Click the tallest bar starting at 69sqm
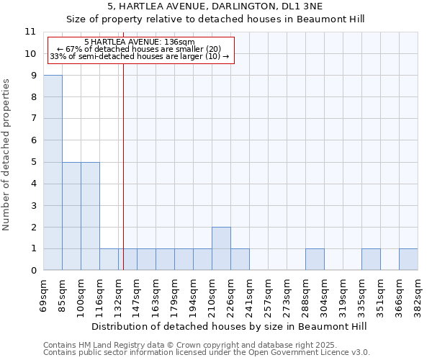coord(53,173)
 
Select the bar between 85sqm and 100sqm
coord(71,216)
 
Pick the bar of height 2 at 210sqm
coord(221,248)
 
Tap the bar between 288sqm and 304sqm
coord(315,260)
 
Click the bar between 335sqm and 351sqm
coord(371,260)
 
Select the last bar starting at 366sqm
coord(408,260)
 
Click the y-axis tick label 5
coord(32,162)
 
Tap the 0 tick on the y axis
coord(32,271)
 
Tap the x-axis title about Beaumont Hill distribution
coord(230,326)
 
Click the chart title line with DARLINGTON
coord(215,6)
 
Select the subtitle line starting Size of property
coord(215,19)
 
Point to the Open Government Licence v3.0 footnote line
coord(207,352)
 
